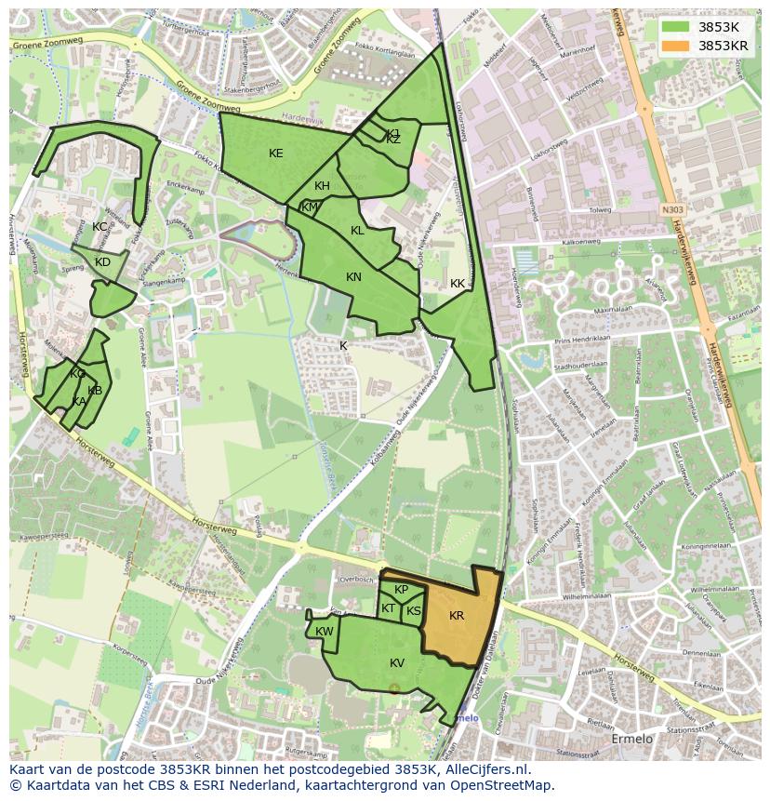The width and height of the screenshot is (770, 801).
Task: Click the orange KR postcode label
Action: point(457,616)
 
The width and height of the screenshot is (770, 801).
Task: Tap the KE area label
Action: point(276,154)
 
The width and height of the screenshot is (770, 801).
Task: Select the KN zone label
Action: point(353,277)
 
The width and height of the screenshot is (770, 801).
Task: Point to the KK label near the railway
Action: point(458,284)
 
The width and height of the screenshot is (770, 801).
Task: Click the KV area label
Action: point(397,663)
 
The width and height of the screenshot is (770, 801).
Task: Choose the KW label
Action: point(324,632)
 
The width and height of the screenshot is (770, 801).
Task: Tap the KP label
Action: point(401,590)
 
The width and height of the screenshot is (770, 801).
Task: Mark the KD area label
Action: point(102,262)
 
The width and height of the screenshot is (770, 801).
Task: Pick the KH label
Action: point(322,186)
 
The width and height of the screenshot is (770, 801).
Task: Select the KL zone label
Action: point(357,231)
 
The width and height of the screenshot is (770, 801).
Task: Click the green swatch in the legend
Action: point(676,26)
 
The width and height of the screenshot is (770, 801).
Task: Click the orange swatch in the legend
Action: point(676,45)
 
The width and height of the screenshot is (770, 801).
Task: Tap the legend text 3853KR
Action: point(723,45)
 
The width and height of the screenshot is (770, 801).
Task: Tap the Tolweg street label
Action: point(599,210)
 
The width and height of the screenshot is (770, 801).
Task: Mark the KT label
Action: point(388,608)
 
